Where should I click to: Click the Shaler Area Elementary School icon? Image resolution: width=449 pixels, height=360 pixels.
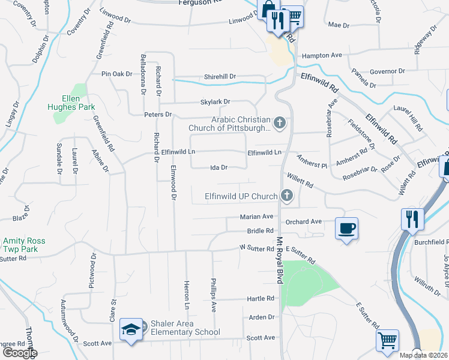pos(131,329)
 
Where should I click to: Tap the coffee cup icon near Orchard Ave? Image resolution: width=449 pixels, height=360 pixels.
pos(346,229)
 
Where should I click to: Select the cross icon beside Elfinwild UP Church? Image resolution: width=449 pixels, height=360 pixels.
pos(288,196)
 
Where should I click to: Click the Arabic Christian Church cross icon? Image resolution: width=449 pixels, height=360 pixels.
pos(279,124)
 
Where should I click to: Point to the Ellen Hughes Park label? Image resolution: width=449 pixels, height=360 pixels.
pos(71,103)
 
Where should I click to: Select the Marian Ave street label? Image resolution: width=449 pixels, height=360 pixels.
pos(256,217)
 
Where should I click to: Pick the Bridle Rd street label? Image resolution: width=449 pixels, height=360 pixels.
pos(261,231)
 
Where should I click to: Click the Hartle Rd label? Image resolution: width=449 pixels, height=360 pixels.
pos(261,299)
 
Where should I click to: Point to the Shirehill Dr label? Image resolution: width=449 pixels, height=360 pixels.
pos(220,77)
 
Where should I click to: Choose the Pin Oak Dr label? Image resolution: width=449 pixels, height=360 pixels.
pos(116,74)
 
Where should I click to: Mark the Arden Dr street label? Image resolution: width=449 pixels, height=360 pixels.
pos(262,317)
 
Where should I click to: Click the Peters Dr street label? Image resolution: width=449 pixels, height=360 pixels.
pos(158,114)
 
